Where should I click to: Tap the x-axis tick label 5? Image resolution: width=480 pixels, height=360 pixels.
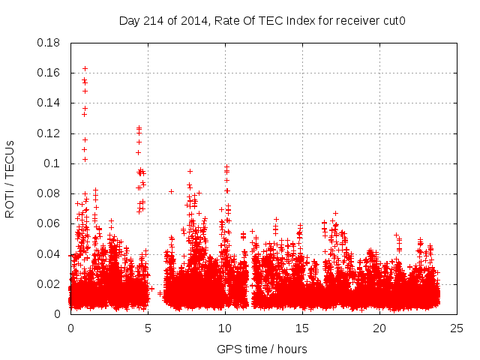[x=148, y=328]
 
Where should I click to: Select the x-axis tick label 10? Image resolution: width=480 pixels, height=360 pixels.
[x=225, y=328]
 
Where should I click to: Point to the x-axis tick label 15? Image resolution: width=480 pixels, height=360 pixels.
[x=302, y=328]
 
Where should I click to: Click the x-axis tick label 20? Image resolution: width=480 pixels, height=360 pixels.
[x=379, y=328]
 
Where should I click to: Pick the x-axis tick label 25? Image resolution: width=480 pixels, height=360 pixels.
[x=457, y=328]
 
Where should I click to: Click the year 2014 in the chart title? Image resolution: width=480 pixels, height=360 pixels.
[x=190, y=20]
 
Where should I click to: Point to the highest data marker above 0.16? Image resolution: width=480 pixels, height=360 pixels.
[x=85, y=68]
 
